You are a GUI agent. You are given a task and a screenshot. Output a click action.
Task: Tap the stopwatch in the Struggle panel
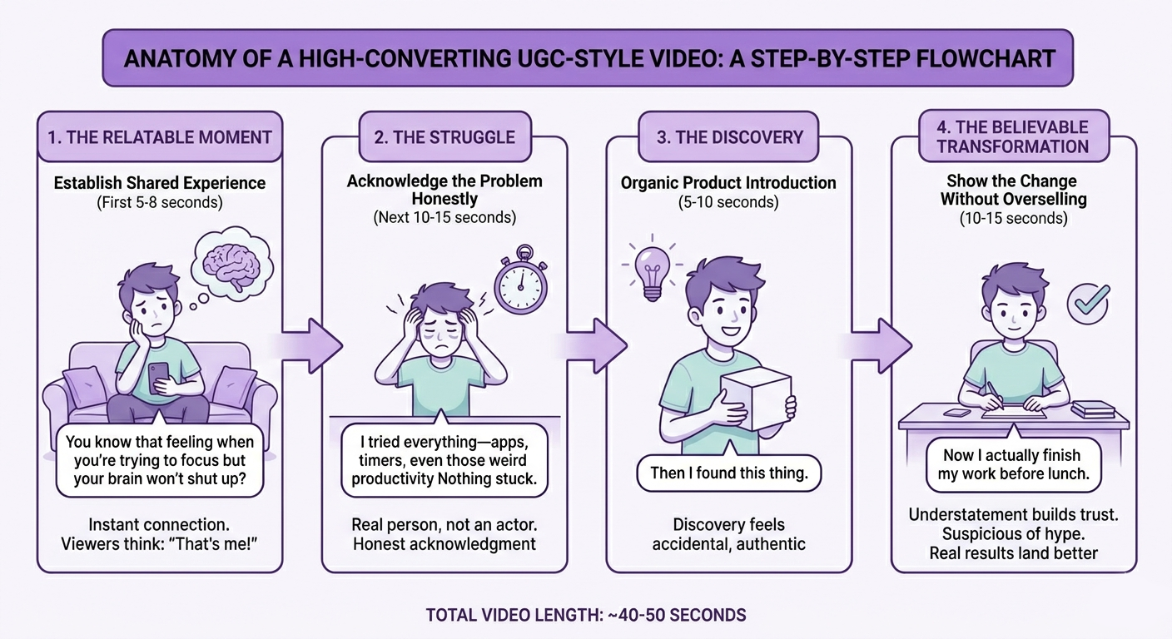point(521,284)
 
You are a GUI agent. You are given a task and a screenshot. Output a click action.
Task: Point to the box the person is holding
point(756,399)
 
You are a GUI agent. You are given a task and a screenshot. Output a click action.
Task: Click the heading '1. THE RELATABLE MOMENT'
point(160,137)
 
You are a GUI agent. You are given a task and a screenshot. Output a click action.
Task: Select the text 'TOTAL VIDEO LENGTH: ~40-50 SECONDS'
point(586,616)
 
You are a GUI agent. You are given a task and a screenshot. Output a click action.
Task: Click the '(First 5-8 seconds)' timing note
point(159,201)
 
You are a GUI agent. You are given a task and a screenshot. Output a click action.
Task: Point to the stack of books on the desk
point(1087,409)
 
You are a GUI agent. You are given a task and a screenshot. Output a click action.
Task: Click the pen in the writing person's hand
point(994,392)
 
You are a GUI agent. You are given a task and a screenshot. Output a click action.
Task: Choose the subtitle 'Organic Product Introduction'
point(728,183)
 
